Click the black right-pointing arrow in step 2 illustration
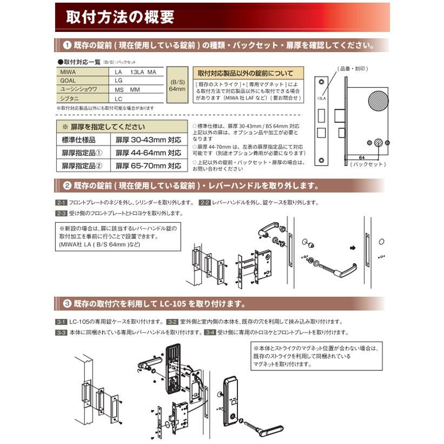pos(353,249)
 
